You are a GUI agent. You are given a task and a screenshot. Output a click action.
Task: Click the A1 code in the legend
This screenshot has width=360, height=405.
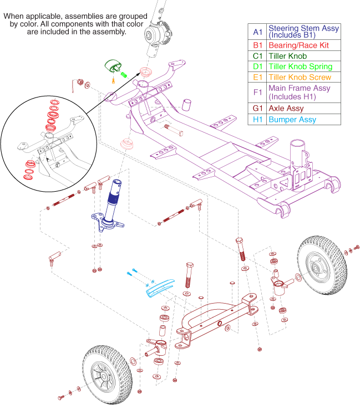[256, 32]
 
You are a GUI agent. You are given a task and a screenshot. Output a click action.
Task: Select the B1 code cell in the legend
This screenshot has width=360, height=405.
[256, 45]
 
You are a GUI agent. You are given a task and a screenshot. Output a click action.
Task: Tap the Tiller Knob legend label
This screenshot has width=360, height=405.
[287, 56]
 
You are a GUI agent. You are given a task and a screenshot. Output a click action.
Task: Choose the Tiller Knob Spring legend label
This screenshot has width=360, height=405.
[300, 66]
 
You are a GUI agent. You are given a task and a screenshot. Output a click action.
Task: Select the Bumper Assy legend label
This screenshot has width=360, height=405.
[292, 119]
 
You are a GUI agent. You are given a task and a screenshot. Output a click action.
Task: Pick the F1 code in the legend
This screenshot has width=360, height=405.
[256, 93]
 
